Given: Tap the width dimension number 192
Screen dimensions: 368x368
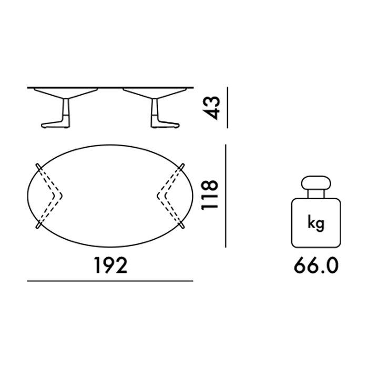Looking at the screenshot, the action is tap(110, 265).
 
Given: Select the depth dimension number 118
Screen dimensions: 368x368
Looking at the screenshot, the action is tap(210, 195).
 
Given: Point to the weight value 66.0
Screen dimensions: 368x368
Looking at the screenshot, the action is tap(316, 265).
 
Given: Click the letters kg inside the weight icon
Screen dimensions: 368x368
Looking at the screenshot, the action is tap(316, 223).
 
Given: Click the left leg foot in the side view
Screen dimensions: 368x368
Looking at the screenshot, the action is tap(56, 125).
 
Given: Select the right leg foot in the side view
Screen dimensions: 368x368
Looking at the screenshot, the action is tap(165, 125).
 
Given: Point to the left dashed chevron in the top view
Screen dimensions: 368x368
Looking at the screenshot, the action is tap(49, 195).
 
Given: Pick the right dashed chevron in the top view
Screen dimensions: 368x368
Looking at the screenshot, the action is tap(171, 195).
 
